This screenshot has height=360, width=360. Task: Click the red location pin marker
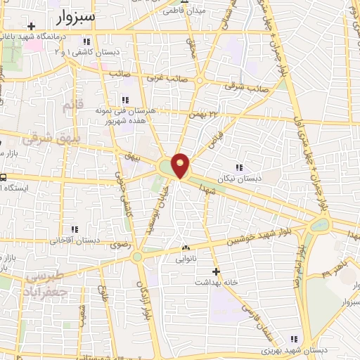[181, 165]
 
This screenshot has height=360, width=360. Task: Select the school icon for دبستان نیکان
[239, 167]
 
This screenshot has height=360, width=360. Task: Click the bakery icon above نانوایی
[186, 248]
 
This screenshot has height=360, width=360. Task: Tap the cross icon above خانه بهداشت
[217, 271]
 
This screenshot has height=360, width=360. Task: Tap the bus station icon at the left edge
[4, 177]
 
